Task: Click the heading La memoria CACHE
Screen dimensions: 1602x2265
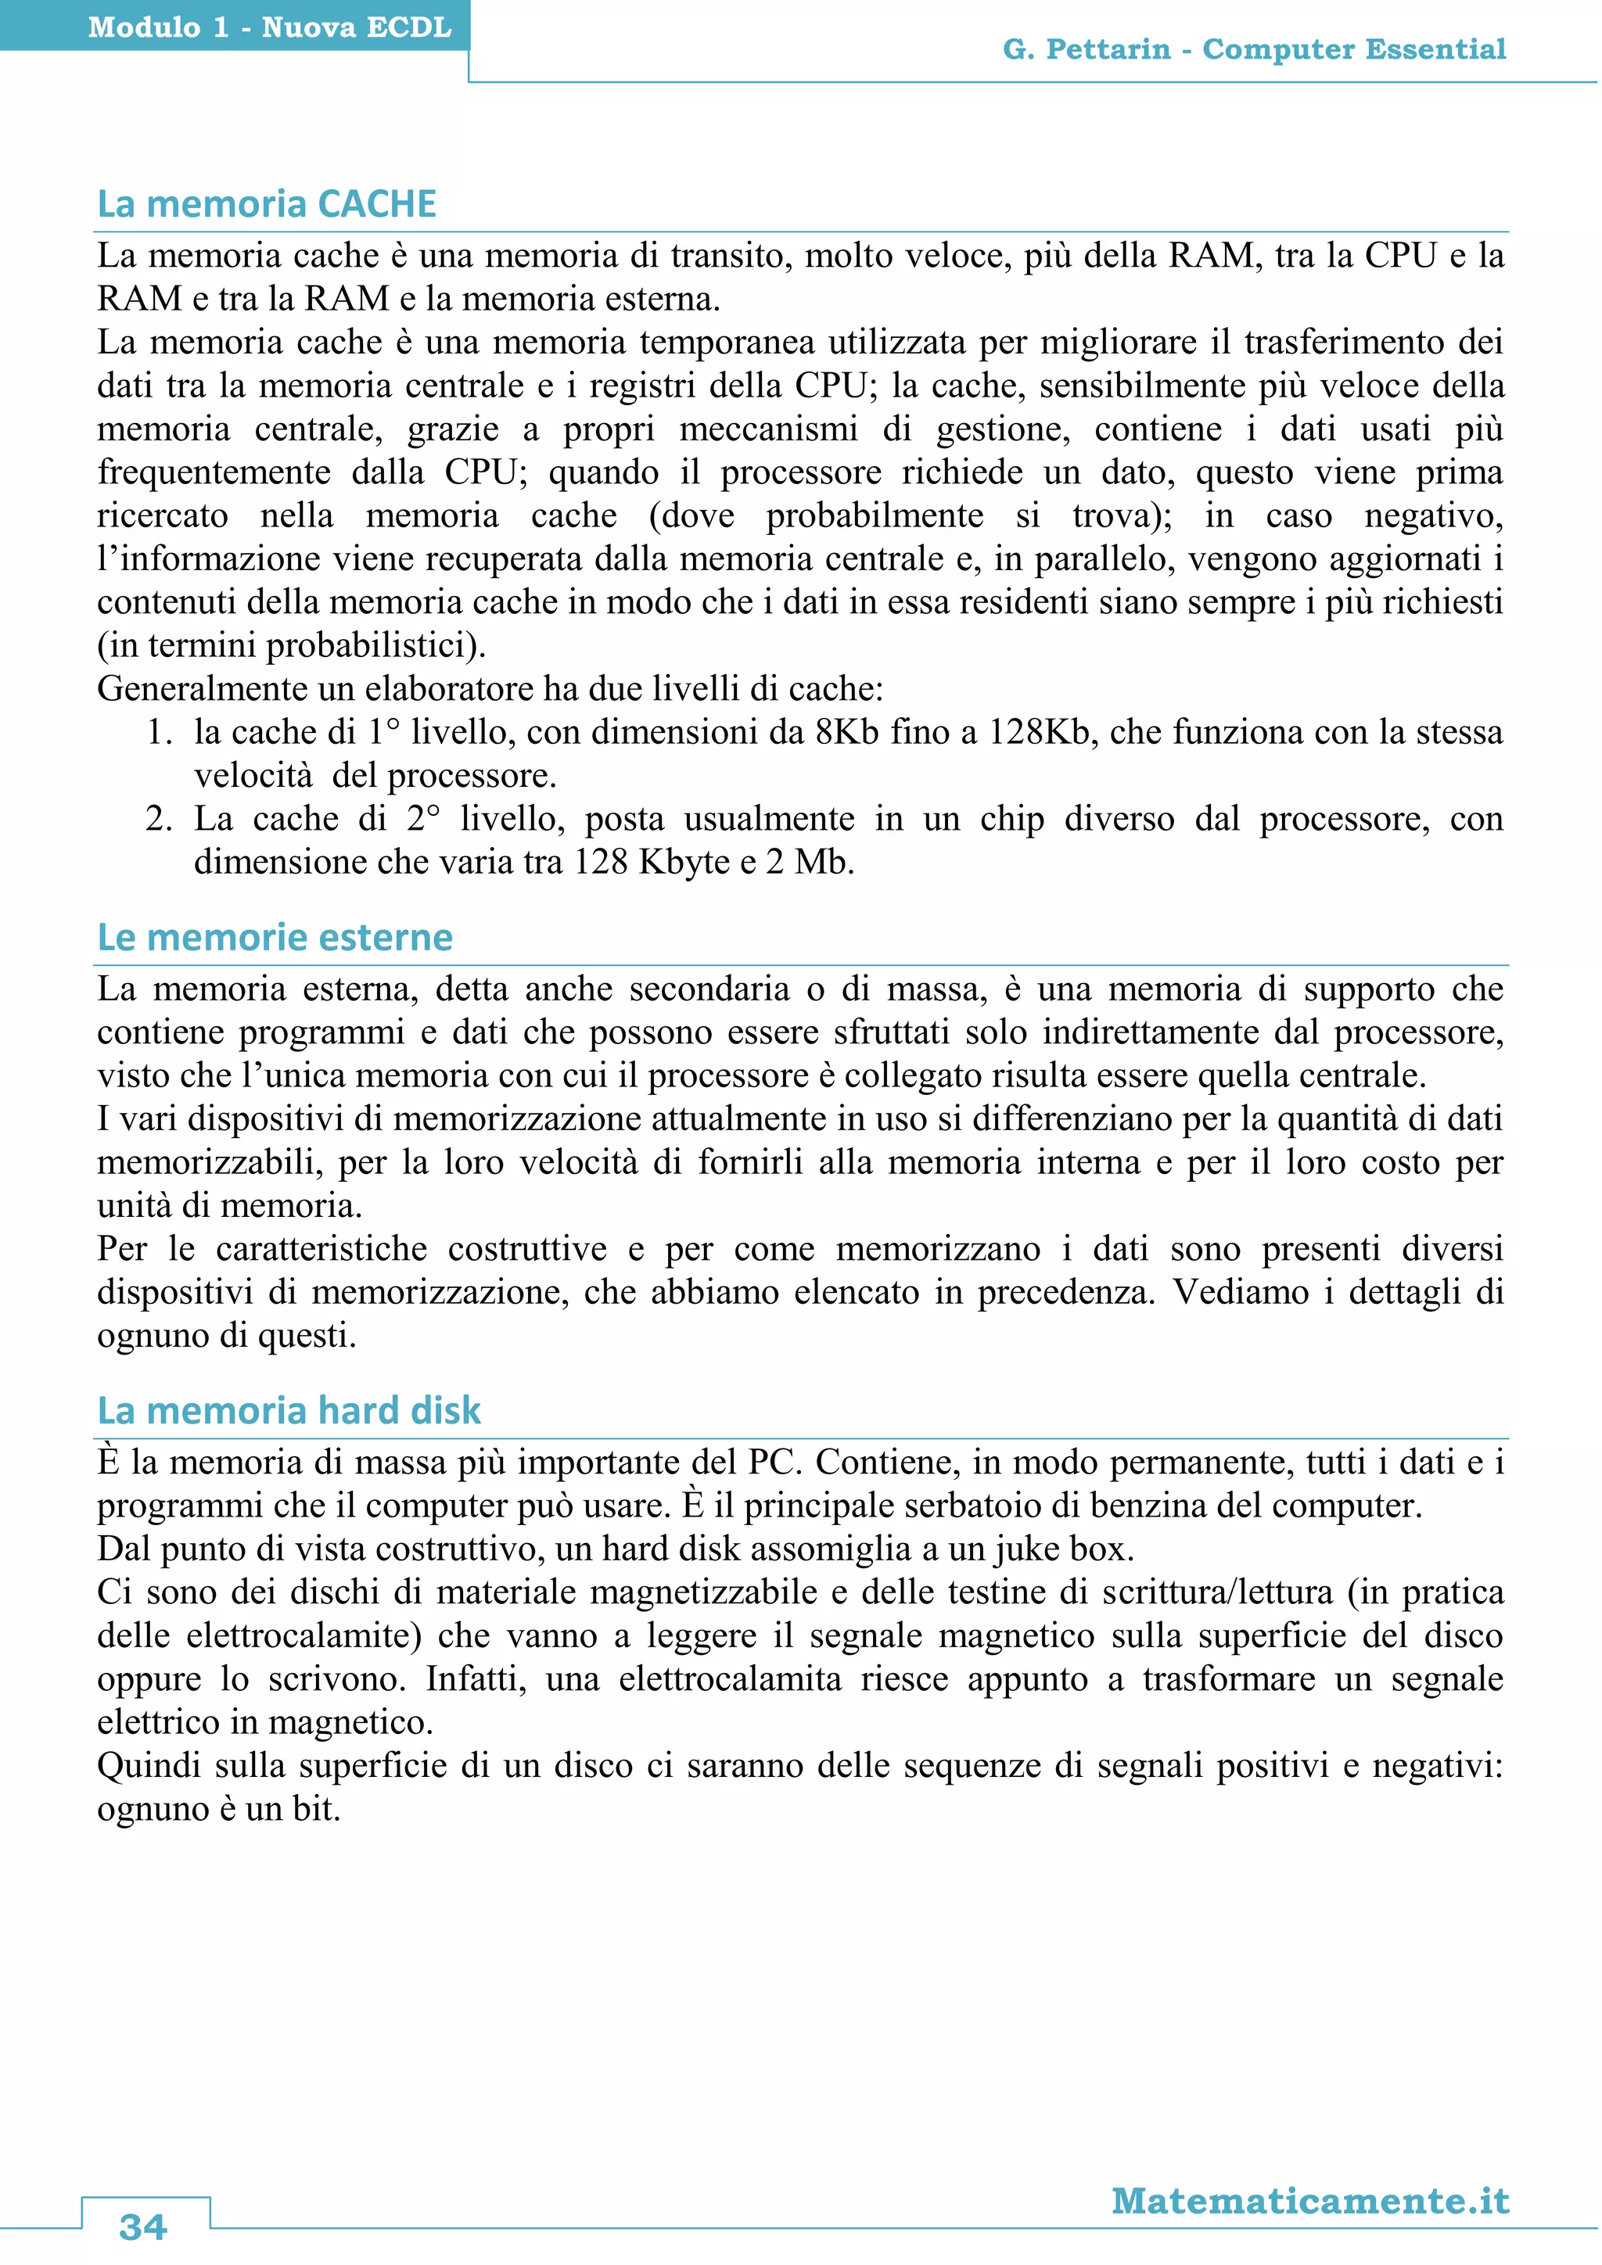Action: click(266, 204)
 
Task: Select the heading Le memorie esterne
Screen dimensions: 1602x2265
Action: click(275, 937)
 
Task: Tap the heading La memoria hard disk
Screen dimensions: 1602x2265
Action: click(288, 1411)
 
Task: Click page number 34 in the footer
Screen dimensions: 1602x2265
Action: click(143, 2227)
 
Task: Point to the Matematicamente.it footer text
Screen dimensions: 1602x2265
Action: click(1310, 2201)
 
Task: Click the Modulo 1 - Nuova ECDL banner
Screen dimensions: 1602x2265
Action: click(269, 27)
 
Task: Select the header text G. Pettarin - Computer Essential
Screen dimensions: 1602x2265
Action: click(1254, 49)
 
